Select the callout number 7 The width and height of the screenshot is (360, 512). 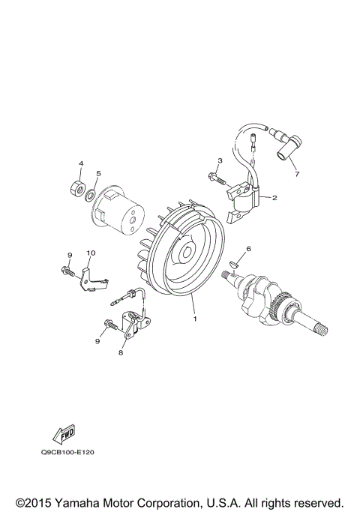point(296,175)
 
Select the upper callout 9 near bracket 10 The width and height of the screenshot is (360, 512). point(69,255)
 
